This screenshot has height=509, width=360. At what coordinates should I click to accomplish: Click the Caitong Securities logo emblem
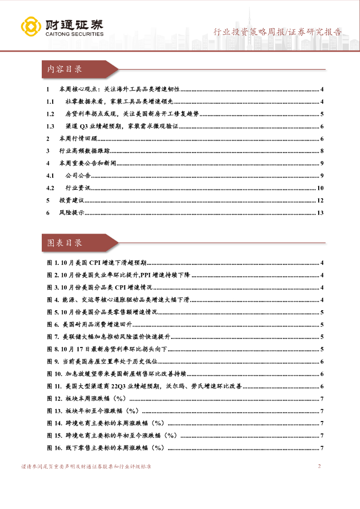point(30,26)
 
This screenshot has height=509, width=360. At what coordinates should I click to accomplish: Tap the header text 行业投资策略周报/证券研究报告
point(277,32)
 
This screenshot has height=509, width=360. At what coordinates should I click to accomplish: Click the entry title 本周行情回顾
point(76,139)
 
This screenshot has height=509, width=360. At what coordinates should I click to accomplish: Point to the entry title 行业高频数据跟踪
point(83,151)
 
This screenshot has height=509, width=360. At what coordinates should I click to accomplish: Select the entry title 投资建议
point(70,200)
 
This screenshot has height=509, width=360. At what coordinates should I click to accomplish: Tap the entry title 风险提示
point(70,213)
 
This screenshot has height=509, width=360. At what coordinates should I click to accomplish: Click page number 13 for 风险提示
point(321,213)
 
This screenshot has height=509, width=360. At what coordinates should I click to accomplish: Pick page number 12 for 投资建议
point(321,200)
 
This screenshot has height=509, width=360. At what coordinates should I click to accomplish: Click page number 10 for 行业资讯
point(321,188)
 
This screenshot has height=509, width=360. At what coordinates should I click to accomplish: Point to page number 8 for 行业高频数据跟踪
point(322,151)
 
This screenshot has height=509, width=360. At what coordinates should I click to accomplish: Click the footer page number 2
point(319,466)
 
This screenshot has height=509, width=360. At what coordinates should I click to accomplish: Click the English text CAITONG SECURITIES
point(74,34)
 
